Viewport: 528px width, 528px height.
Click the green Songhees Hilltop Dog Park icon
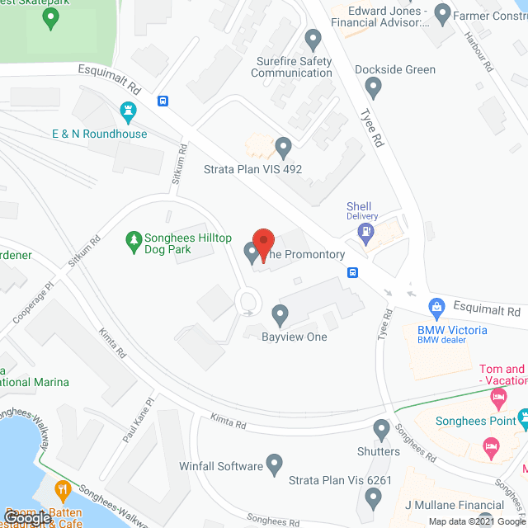tap(131, 240)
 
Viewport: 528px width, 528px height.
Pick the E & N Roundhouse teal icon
tap(127, 111)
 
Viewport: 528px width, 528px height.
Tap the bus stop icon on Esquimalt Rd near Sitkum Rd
tap(163, 101)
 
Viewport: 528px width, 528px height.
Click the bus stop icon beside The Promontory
tap(352, 273)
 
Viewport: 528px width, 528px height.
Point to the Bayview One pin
tap(280, 313)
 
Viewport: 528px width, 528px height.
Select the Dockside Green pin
tap(374, 86)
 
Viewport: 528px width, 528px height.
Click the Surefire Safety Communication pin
tap(313, 39)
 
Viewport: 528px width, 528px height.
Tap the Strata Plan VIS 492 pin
tap(284, 148)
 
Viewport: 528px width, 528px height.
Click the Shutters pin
tap(381, 429)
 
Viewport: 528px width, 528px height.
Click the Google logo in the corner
tap(26, 517)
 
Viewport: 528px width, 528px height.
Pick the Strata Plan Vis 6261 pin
tap(373, 497)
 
